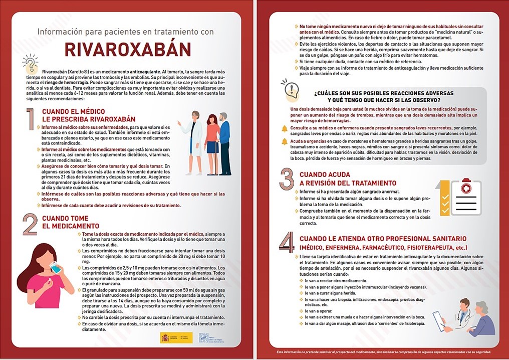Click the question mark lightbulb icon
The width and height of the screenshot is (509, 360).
tap(31, 64)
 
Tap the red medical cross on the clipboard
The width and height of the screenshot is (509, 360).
tap(466, 189)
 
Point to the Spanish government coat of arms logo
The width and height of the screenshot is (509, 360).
tap(165, 337)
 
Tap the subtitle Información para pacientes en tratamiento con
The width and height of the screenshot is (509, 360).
tap(126, 32)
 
